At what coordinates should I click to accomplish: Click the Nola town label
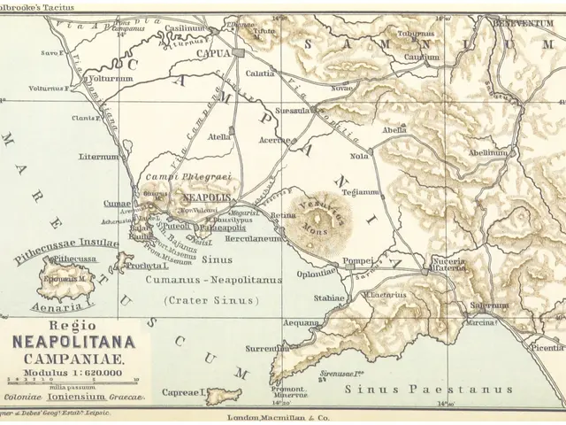coord(358,156)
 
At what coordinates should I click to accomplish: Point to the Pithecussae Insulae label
coord(65,243)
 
